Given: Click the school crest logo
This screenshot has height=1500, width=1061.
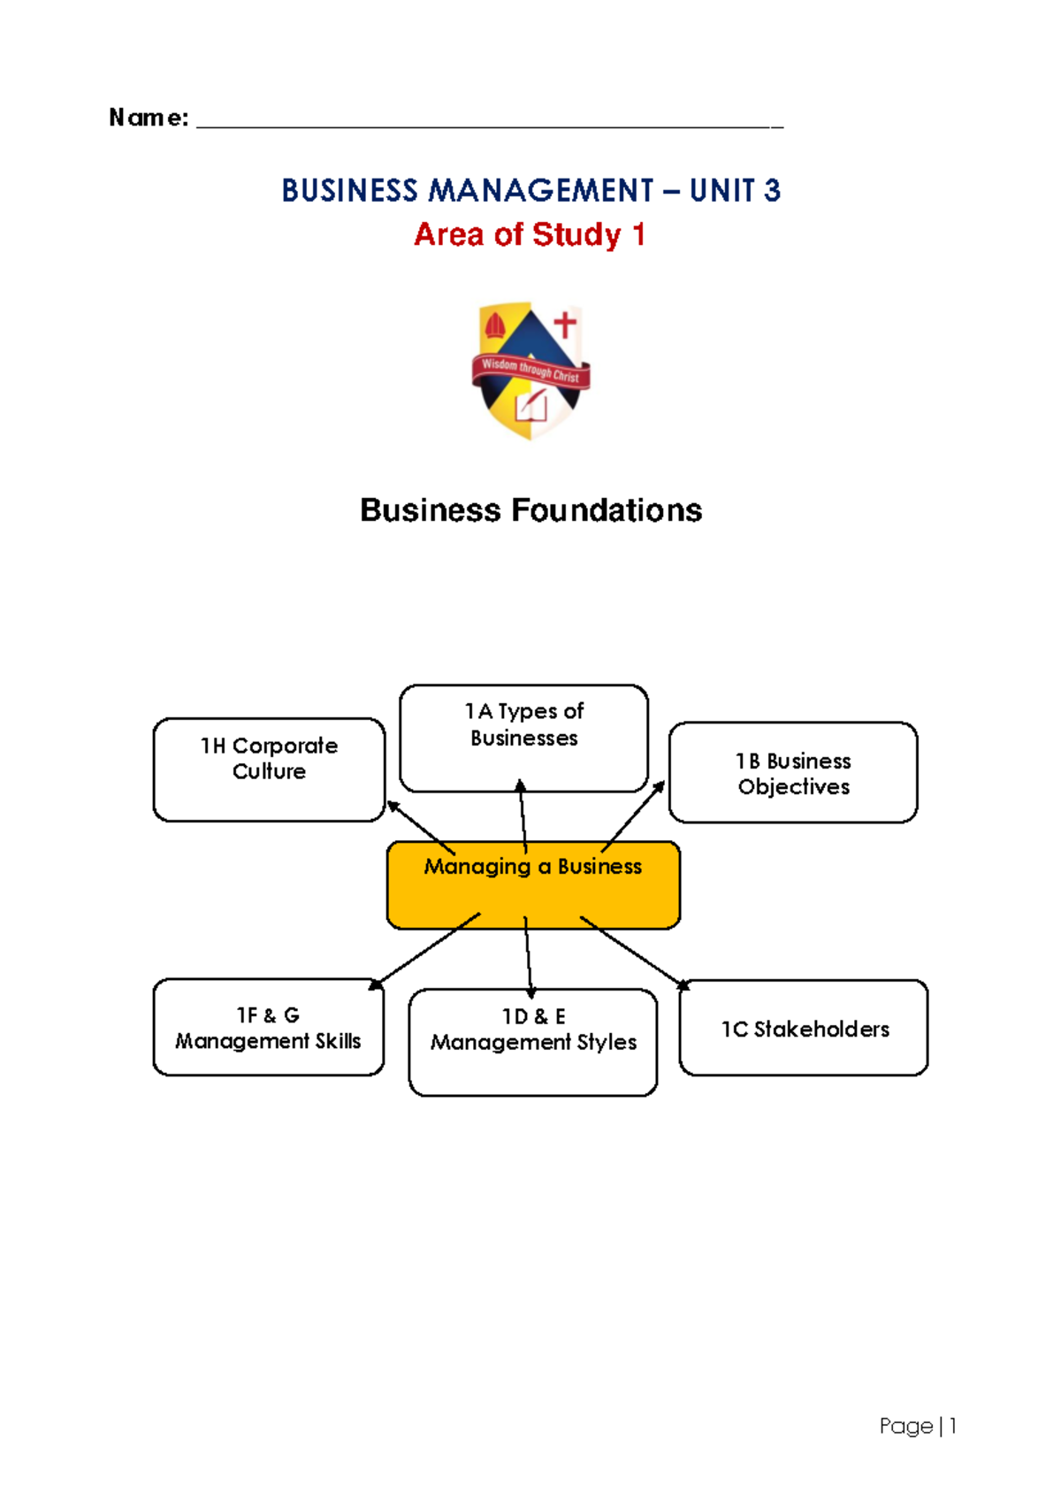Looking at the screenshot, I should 530,371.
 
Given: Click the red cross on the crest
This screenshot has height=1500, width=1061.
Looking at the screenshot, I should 564,325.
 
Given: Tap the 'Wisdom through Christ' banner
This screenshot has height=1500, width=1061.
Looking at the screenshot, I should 530,370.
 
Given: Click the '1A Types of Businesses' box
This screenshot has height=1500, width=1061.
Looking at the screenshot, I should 523,738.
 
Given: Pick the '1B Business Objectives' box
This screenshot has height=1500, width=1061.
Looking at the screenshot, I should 793,773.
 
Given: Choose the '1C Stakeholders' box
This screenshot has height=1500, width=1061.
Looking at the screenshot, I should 804,1029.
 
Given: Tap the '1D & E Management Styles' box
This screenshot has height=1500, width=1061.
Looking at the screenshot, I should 533,1042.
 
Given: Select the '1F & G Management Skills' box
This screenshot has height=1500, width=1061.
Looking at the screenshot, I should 268,1028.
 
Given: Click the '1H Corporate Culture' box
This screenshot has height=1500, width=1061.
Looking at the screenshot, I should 269,769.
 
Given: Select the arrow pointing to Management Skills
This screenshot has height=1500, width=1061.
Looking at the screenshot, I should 424,951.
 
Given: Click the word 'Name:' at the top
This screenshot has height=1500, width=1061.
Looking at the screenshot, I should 149,118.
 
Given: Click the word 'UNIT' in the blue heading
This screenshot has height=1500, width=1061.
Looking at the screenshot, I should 722,191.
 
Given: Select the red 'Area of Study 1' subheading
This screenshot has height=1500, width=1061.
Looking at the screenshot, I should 530,235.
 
